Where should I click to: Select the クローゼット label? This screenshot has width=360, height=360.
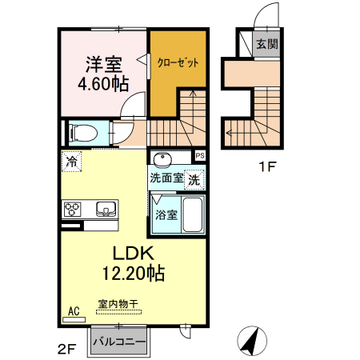(x=177, y=62)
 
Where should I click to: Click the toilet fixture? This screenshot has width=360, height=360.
(x=82, y=132)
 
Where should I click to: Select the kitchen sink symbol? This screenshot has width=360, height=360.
(x=105, y=210)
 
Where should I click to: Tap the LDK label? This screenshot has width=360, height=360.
(x=131, y=252)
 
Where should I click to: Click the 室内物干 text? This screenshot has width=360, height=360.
(x=118, y=305)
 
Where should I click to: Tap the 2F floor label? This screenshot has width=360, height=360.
(x=66, y=349)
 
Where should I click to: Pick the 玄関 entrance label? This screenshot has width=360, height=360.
(x=267, y=44)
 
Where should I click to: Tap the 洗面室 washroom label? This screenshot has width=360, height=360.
(x=166, y=178)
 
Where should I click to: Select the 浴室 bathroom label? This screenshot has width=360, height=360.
(x=166, y=214)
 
